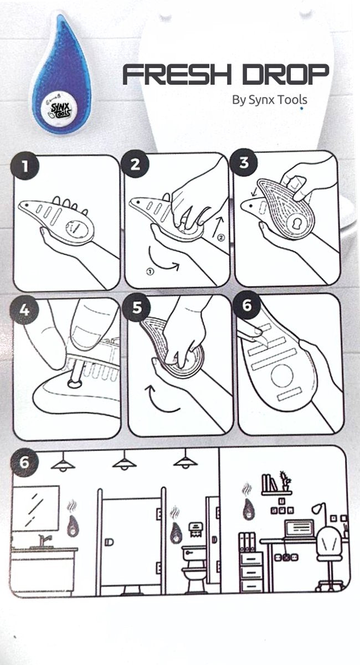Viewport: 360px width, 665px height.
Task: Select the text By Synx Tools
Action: pyautogui.click(x=269, y=100)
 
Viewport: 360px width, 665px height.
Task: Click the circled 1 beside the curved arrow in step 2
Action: pyautogui.click(x=150, y=272)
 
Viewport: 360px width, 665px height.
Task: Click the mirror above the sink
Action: pyautogui.click(x=35, y=508)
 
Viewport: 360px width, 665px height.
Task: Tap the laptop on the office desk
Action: pyautogui.click(x=299, y=529)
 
